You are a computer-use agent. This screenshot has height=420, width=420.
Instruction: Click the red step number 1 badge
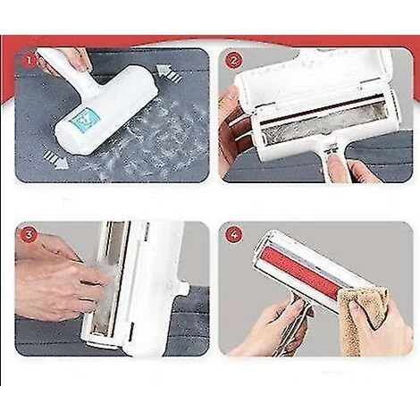(29, 61)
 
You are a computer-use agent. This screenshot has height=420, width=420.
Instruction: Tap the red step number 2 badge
(233, 61)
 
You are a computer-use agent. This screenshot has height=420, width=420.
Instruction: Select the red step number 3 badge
(29, 235)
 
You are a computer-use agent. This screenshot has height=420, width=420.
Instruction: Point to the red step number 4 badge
(233, 235)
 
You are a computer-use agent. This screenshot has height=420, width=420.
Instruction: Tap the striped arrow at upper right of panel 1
(170, 73)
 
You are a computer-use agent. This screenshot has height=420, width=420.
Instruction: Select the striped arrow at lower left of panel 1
(55, 160)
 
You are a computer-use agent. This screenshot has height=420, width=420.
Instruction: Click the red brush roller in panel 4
(301, 271)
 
